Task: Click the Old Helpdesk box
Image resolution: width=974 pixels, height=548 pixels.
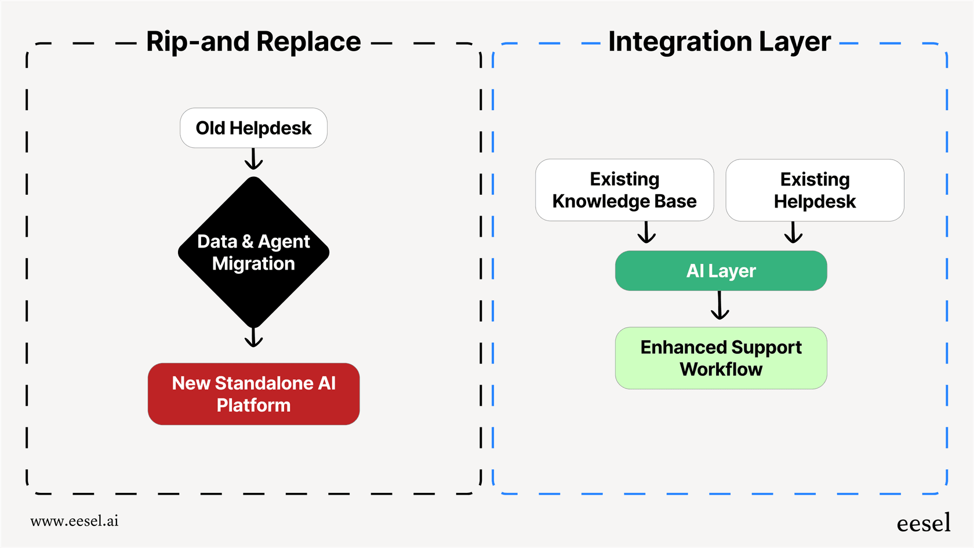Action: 253,128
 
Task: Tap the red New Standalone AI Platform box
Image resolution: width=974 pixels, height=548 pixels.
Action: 253,394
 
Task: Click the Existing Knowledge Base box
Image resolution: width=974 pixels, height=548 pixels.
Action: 624,190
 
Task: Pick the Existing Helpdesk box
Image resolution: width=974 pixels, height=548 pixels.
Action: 815,190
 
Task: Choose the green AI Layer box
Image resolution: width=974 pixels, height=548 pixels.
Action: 721,271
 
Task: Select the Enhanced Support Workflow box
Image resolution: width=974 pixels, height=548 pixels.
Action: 721,358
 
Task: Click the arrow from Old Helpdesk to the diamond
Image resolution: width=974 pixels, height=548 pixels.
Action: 253,159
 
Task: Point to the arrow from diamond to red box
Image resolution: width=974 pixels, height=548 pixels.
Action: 253,337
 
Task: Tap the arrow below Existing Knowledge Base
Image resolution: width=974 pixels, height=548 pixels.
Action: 646,233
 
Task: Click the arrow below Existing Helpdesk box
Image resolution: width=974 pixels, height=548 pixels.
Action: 793,233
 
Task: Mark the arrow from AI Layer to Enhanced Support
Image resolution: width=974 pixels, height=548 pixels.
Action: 719,306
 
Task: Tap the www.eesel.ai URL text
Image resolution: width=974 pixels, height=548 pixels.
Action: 74,521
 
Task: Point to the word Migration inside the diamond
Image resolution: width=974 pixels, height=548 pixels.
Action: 253,264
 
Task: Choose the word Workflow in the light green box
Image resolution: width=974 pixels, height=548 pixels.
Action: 721,369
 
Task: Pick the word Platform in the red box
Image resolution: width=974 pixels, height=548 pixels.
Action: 253,405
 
